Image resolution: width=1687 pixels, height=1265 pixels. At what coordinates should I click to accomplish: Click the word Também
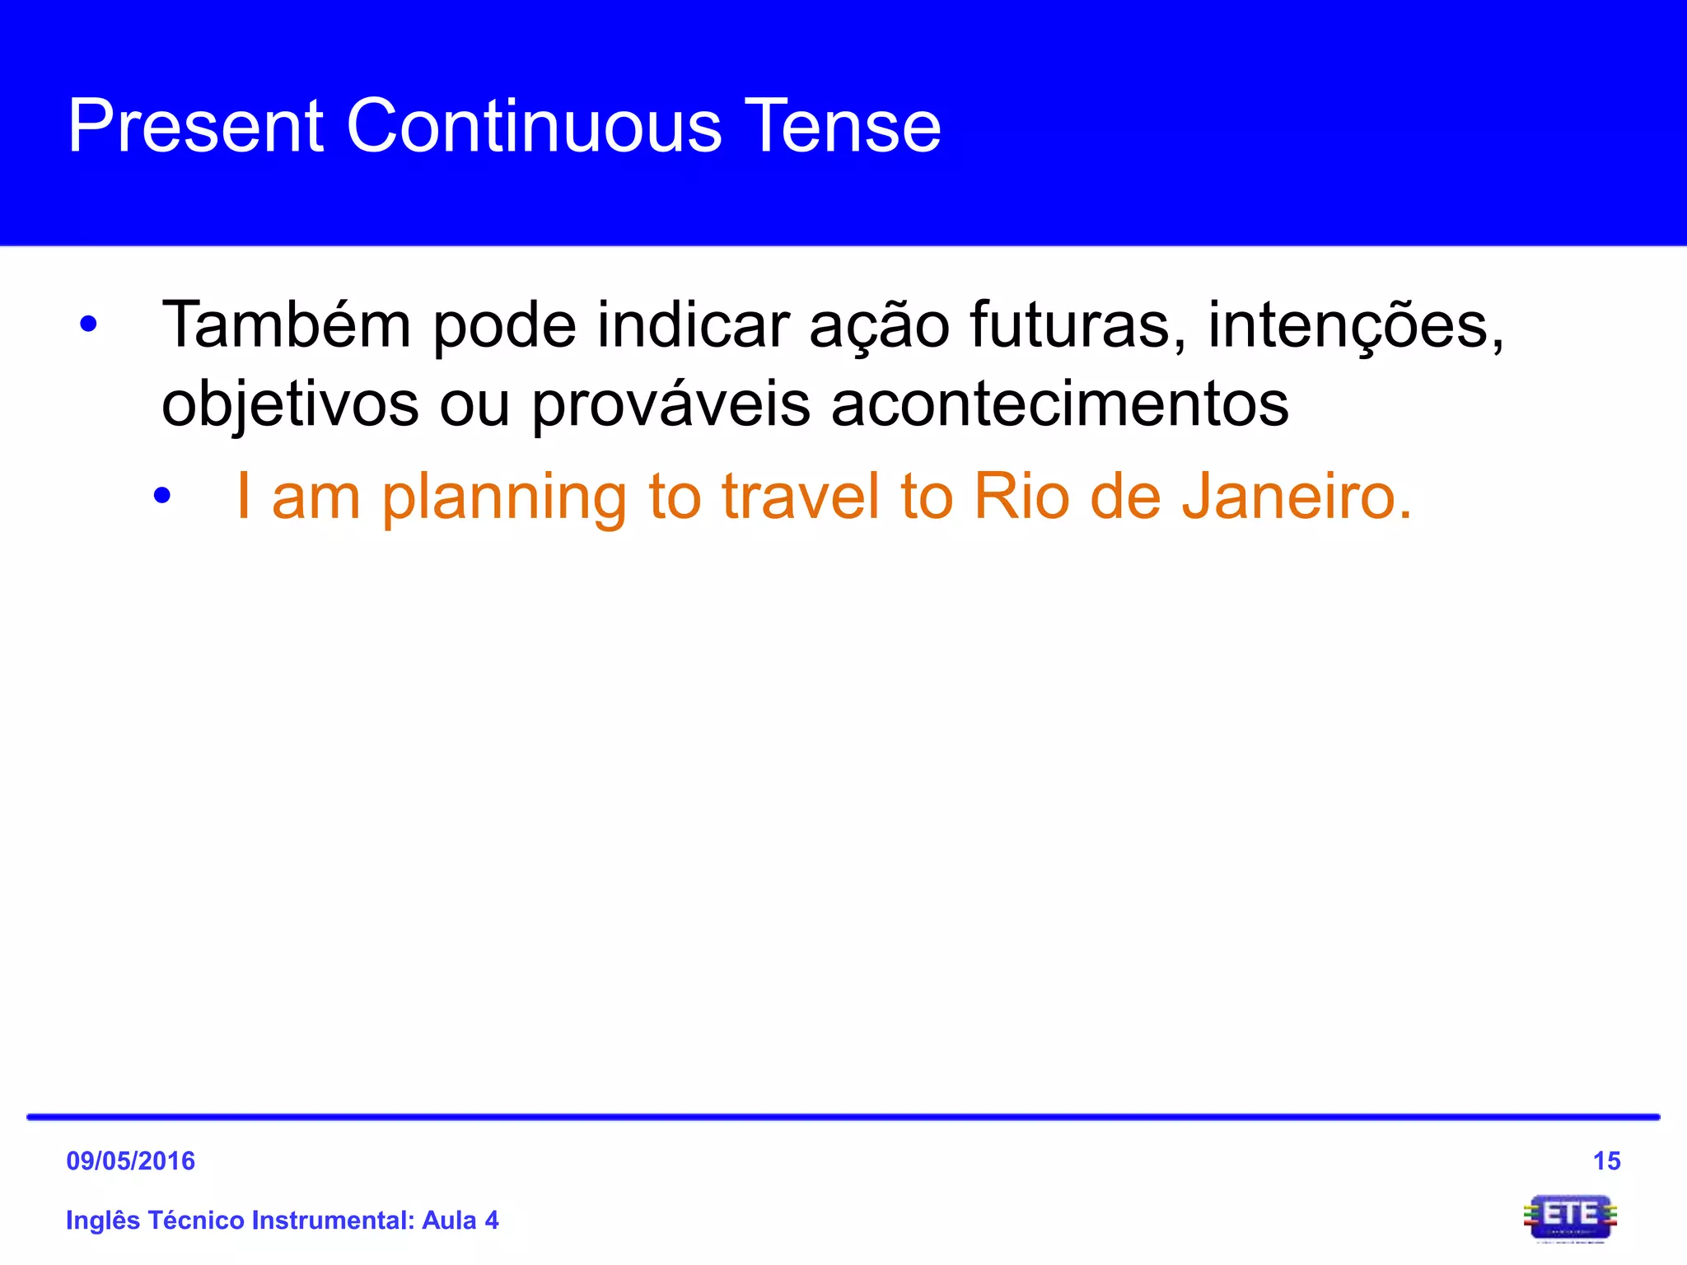tap(286, 324)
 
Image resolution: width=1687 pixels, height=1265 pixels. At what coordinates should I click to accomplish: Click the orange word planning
tap(504, 498)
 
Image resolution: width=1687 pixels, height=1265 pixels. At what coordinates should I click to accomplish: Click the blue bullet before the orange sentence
tap(162, 496)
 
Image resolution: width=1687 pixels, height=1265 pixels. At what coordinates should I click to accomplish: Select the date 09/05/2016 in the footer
tap(130, 1161)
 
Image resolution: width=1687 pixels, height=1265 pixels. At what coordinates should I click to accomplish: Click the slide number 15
tap(1606, 1161)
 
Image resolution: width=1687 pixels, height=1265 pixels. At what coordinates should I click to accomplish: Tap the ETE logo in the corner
tap(1570, 1217)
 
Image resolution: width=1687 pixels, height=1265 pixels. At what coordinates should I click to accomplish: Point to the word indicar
tap(693, 324)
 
